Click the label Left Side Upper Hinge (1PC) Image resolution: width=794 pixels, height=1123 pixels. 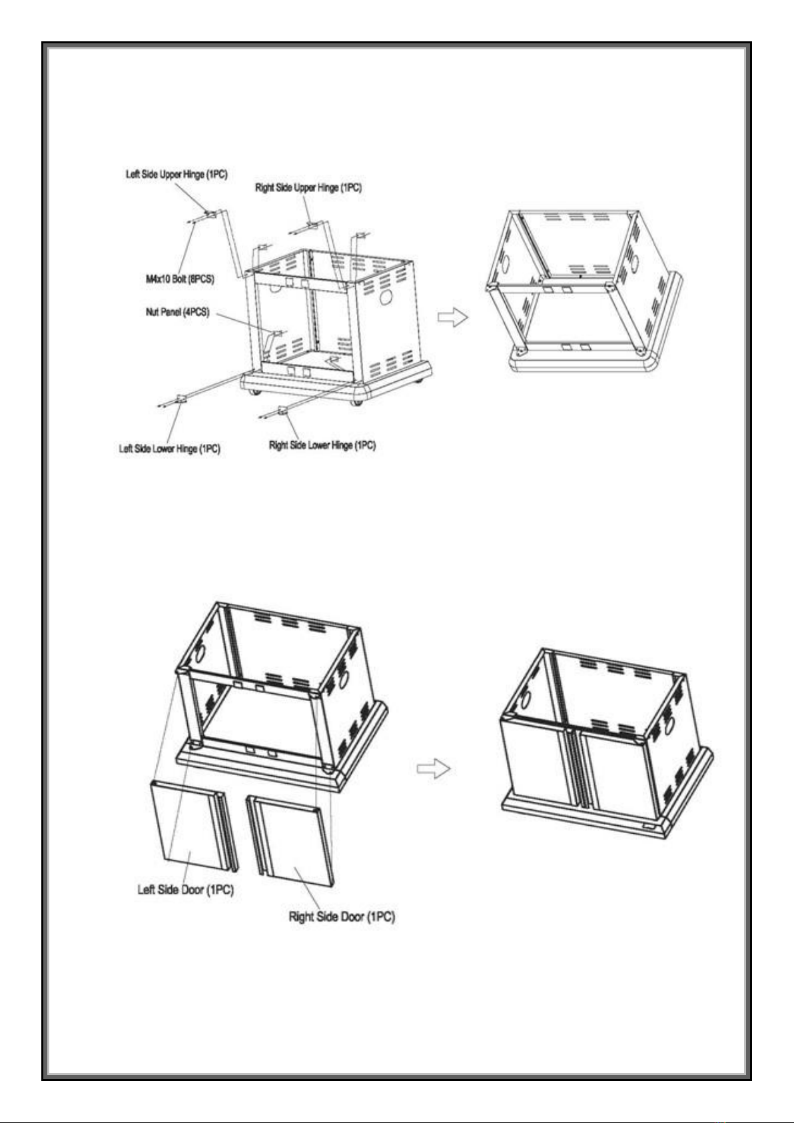[177, 175]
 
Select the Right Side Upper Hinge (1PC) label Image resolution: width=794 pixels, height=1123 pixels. [308, 188]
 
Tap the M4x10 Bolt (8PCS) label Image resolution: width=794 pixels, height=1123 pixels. [180, 279]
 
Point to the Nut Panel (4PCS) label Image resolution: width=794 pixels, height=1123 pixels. [177, 312]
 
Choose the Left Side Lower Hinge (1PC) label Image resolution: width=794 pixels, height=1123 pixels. [169, 449]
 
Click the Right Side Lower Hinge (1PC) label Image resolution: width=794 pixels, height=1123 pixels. [322, 445]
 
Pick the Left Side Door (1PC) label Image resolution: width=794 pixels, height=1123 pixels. [185, 889]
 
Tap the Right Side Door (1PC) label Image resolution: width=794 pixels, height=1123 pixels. [341, 916]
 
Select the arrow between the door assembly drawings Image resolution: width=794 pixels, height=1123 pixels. [433, 768]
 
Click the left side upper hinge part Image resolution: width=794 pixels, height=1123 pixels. [210, 214]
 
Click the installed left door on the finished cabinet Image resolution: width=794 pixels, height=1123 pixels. [536, 760]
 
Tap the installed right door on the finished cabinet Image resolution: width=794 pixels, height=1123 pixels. [616, 773]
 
